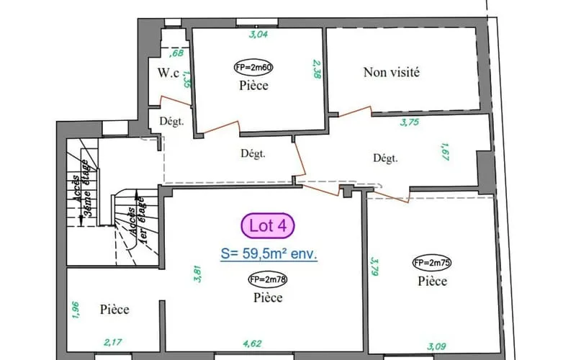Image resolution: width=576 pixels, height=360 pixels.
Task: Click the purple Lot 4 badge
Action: (x=268, y=225)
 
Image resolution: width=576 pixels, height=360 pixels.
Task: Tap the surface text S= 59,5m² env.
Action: (x=269, y=254)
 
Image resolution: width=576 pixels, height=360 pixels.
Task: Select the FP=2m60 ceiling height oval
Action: (x=253, y=67)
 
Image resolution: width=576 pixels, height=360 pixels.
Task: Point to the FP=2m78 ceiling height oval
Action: (x=267, y=279)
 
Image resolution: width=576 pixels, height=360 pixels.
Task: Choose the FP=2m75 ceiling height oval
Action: (x=432, y=263)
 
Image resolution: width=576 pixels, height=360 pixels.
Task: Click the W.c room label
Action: (x=168, y=73)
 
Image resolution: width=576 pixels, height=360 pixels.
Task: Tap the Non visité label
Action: (x=391, y=72)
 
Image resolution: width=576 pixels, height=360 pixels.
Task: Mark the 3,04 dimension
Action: (x=258, y=35)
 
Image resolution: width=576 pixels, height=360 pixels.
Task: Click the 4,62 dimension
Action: (x=253, y=344)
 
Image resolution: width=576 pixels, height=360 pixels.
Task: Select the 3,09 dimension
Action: (x=436, y=346)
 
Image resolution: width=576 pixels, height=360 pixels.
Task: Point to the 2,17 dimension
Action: (x=113, y=343)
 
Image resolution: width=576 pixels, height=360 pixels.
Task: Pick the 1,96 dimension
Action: (x=76, y=310)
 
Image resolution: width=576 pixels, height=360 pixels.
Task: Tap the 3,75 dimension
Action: (x=410, y=122)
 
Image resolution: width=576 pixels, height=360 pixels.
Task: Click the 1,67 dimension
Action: (x=444, y=152)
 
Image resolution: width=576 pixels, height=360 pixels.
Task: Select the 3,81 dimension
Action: (x=197, y=274)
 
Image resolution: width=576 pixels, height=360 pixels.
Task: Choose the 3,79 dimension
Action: (x=374, y=266)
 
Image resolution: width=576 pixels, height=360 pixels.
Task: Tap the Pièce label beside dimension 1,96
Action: (x=114, y=310)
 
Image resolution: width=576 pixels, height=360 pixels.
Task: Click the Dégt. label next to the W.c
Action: (x=171, y=121)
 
